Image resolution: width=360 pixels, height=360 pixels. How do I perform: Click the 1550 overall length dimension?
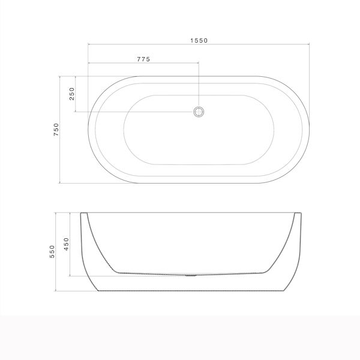[200, 40]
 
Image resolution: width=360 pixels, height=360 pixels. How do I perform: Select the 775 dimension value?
[143, 59]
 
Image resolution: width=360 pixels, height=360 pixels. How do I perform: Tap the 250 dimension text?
[71, 94]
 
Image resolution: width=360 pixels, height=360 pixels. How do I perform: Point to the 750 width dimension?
[56, 130]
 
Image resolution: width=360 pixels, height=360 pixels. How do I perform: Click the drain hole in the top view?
[199, 111]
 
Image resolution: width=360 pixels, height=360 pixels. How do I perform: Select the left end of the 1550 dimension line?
[88, 45]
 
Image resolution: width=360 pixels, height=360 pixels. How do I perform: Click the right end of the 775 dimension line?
[199, 63]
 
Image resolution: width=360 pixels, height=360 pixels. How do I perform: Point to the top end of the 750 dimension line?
[61, 76]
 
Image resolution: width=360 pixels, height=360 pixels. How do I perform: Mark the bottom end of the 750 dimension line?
[61, 183]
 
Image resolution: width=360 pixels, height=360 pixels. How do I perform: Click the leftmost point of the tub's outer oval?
[88, 130]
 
